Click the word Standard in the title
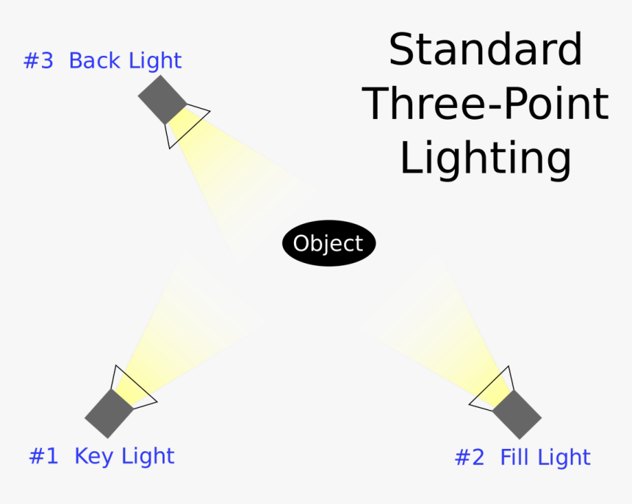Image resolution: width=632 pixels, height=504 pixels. pyautogui.click(x=485, y=50)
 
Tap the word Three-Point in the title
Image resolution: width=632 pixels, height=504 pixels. pyautogui.click(x=486, y=104)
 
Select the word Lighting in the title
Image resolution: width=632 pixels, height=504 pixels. pyautogui.click(x=485, y=159)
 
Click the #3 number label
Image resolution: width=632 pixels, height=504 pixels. pyautogui.click(x=39, y=61)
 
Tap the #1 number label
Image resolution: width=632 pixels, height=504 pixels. pyautogui.click(x=43, y=456)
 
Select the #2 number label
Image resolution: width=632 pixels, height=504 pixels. pyautogui.click(x=470, y=458)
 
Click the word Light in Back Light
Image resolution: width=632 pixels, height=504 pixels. pyautogui.click(x=155, y=61)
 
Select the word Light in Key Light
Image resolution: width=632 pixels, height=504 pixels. pyautogui.click(x=148, y=456)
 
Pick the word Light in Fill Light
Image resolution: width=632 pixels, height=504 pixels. pyautogui.click(x=564, y=458)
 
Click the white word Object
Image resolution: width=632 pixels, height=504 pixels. pyautogui.click(x=328, y=243)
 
